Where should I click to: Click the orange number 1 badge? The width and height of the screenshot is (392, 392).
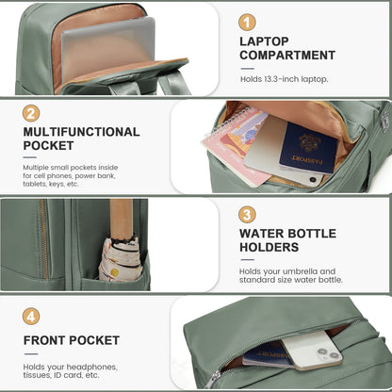pos(248,22)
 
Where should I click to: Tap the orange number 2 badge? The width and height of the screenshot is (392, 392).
pos(31,113)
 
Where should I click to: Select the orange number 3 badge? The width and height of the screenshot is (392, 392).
pos(248,214)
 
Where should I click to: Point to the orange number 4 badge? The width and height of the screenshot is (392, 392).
pos(31,317)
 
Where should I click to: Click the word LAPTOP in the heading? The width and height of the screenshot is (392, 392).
pos(265,41)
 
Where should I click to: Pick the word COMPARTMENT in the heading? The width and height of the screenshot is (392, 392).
pos(287,56)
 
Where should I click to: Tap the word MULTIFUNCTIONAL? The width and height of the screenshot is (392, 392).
pos(82,132)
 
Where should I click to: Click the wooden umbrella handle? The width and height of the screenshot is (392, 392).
pos(120,219)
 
